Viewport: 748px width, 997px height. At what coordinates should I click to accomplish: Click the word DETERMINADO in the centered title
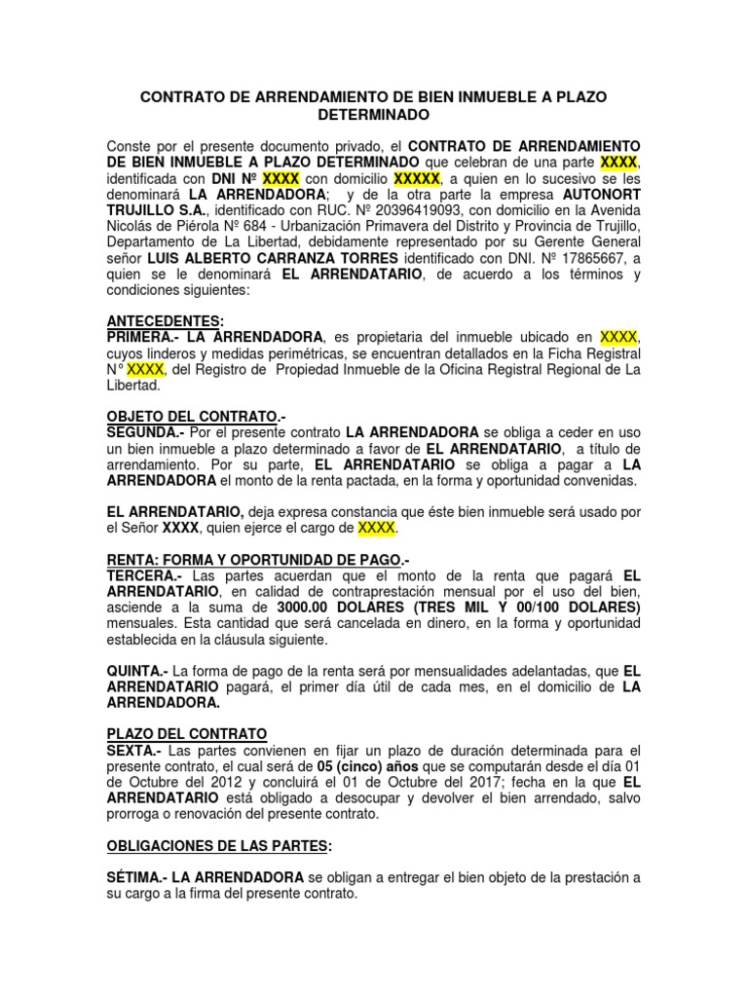coord(374,114)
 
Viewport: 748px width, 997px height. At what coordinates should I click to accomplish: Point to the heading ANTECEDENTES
coord(164,320)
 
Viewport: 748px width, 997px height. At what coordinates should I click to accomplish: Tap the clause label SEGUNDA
coord(144,431)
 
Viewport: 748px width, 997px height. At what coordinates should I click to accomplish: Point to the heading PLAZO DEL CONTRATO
coord(186,733)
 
